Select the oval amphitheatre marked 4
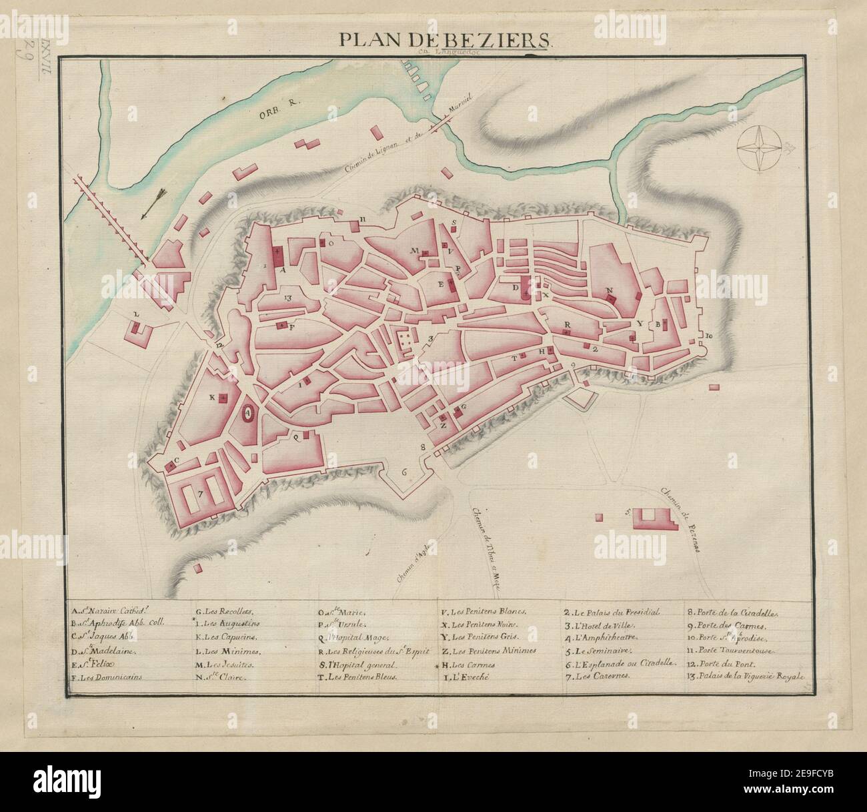point(247,413)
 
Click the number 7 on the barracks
point(199,494)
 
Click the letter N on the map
point(608,290)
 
